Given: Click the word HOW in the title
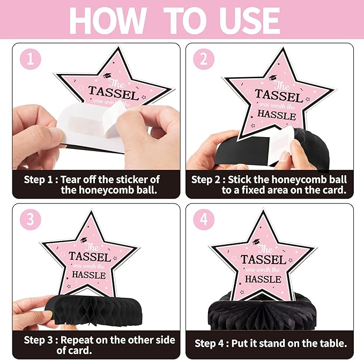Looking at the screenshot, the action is (107, 20).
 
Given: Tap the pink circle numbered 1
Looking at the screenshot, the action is (31, 59).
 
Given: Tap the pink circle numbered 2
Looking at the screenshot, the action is (204, 59).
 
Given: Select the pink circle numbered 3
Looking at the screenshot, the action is (31, 219).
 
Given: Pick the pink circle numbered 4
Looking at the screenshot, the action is (204, 219).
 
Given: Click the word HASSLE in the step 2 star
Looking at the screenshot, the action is (277, 115).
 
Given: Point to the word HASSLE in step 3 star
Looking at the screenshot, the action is (89, 275).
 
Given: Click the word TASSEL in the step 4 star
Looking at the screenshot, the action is (263, 260).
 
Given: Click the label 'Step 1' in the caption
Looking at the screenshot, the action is (38, 180).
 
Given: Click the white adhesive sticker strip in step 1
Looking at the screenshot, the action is (88, 122).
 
